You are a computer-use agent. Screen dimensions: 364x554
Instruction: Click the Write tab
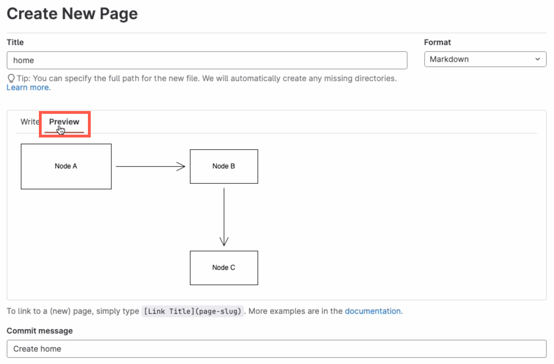click(x=30, y=122)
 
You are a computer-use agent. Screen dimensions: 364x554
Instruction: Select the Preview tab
click(x=64, y=122)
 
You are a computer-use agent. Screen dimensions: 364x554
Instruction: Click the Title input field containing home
click(x=207, y=60)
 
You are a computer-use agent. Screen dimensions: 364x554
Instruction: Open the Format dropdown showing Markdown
click(x=485, y=59)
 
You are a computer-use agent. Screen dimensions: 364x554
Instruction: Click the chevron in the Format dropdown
click(x=537, y=59)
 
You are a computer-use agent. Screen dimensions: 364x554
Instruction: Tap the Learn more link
click(x=28, y=88)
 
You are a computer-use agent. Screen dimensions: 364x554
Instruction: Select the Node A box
click(x=66, y=166)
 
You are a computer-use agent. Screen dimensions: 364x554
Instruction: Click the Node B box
click(x=224, y=166)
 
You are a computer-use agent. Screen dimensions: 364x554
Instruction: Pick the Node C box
click(x=224, y=268)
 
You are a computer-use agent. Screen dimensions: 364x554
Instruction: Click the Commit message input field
click(x=276, y=349)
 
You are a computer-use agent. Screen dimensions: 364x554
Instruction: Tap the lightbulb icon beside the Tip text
click(x=11, y=78)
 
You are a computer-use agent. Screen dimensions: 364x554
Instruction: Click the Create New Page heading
click(x=72, y=14)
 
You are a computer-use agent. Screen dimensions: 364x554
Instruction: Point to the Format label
click(x=437, y=42)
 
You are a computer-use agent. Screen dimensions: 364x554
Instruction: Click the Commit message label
click(x=40, y=331)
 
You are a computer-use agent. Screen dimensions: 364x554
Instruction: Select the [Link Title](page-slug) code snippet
click(x=192, y=311)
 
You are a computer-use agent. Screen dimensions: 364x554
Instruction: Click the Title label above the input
click(x=15, y=42)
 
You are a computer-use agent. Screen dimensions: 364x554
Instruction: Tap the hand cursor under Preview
click(x=61, y=130)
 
